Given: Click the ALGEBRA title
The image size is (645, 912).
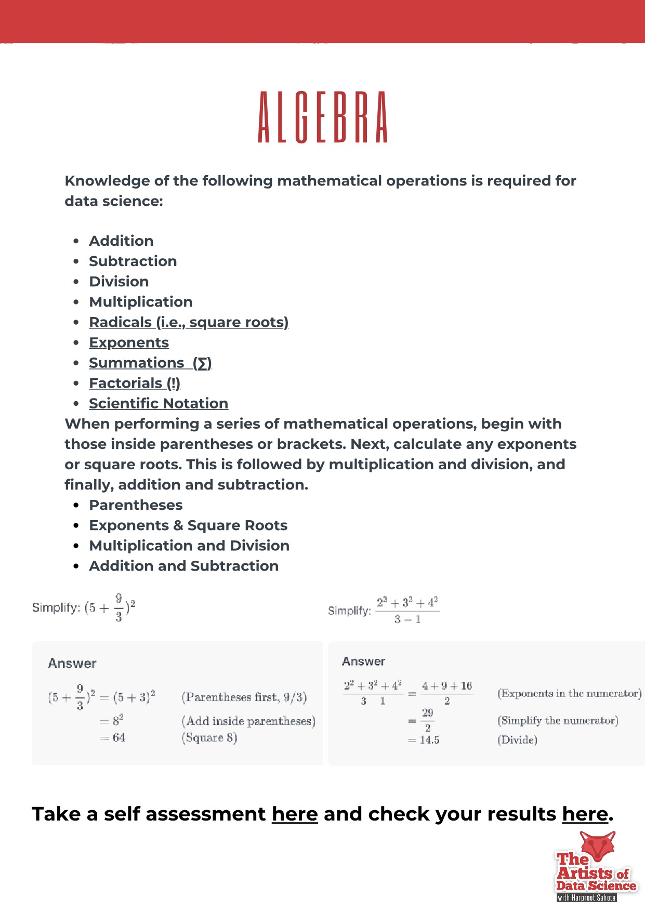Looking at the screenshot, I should click(323, 117).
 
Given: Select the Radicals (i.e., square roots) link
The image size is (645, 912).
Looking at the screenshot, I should click(189, 322).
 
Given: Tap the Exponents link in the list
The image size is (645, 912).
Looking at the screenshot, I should click(129, 342).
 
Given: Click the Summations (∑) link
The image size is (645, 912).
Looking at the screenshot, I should click(150, 363).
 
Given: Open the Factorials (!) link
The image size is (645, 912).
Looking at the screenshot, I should click(135, 383).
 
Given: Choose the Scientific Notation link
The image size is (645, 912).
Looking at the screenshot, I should click(159, 403).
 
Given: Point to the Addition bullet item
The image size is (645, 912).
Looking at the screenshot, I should click(121, 241).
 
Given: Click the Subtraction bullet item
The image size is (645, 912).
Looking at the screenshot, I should click(133, 261).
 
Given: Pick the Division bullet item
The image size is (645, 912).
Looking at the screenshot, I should click(119, 281).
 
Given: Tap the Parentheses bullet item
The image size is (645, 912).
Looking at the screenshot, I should click(136, 505).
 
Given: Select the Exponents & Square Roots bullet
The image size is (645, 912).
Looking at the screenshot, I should click(188, 525).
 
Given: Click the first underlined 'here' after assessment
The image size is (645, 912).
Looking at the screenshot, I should click(295, 814).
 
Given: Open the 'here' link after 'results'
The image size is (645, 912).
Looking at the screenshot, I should click(585, 814).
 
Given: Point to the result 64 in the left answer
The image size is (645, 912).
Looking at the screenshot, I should click(119, 737).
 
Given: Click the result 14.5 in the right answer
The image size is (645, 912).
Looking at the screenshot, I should click(429, 740).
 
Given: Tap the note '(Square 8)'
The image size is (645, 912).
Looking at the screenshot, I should click(209, 737).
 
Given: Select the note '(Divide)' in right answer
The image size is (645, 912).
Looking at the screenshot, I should click(517, 740).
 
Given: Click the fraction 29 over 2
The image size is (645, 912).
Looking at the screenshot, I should click(428, 720).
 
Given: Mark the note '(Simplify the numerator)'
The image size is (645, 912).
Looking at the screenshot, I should click(558, 720).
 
